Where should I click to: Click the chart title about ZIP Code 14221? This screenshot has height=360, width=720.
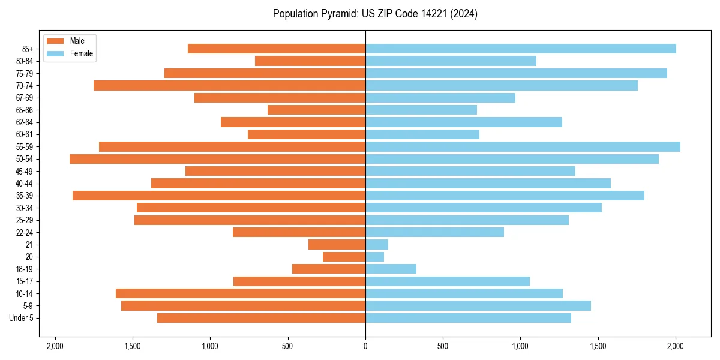coord(375,14)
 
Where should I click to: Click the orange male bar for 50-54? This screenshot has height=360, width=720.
coord(217,159)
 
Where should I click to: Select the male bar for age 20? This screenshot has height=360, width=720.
coord(344,257)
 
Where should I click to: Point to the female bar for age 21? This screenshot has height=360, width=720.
coord(377,244)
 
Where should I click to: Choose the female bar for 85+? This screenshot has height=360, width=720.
coord(521,49)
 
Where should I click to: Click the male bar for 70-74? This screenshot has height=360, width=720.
coord(229,85)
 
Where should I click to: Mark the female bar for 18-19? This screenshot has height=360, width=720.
coord(391,269)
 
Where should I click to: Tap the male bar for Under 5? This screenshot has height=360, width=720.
coord(261,318)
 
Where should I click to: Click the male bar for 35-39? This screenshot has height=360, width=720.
coord(219,196)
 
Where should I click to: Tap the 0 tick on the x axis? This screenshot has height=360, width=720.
coord(365,346)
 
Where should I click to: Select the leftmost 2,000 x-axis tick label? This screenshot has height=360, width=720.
coord(55,346)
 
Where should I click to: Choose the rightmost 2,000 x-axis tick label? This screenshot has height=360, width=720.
coord(676,346)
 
